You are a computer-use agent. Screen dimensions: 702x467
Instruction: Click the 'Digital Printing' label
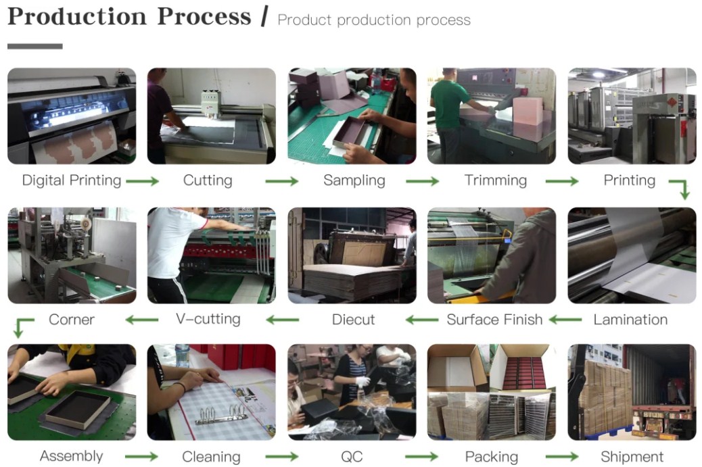[x=72, y=180]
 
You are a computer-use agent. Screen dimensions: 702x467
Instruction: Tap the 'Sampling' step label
[x=354, y=180]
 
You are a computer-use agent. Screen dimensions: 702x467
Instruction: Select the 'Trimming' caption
[x=496, y=180]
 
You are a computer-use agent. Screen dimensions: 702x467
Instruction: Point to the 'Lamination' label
[x=630, y=320]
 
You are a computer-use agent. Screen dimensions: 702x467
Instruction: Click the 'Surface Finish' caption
[x=494, y=320]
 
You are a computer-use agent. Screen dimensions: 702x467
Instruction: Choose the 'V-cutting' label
[x=208, y=319]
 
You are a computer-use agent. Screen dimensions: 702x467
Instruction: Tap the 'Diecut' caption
[x=353, y=320]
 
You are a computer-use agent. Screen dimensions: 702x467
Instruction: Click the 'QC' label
[x=352, y=457]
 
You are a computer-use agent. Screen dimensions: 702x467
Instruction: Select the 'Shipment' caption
[x=632, y=457]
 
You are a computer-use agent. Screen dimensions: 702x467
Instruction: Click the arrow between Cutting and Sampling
[x=281, y=181]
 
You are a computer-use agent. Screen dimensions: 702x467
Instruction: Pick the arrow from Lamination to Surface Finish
[x=565, y=320]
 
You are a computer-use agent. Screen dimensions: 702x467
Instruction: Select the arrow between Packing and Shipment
[x=562, y=457]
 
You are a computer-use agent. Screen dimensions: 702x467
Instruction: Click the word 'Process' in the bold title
[x=204, y=16]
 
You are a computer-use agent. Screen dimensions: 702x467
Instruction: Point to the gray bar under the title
[x=35, y=46]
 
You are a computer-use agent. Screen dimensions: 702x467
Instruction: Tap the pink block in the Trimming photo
[x=528, y=110]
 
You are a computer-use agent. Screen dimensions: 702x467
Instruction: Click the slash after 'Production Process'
[x=264, y=16]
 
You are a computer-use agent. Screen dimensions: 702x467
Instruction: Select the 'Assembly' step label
[x=72, y=456]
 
